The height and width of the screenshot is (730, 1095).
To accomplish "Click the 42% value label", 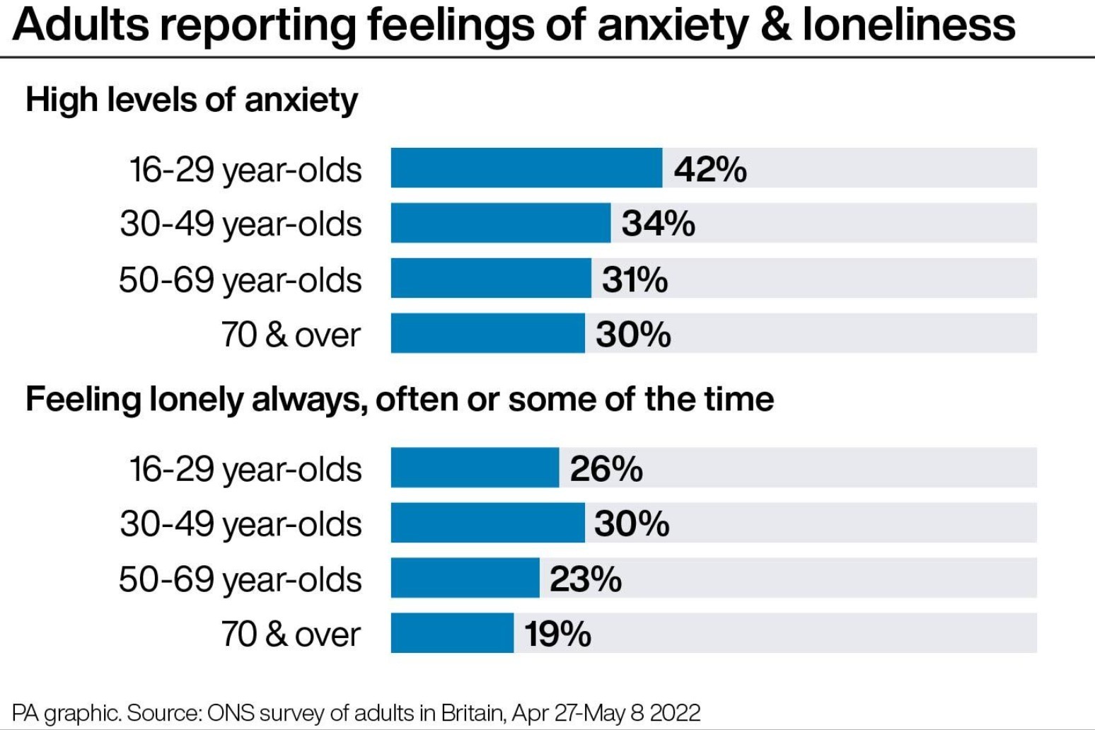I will click(x=709, y=170).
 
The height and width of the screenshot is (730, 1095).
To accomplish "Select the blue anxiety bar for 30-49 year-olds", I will click(x=500, y=224).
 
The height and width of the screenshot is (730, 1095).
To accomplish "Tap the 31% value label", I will click(x=635, y=279).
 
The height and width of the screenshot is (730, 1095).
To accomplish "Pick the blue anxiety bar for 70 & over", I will click(x=487, y=334).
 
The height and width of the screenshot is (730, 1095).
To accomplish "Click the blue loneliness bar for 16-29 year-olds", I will click(x=475, y=468).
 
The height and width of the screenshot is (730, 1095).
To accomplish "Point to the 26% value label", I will click(x=606, y=469).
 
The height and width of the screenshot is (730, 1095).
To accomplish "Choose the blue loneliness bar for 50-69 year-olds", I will click(x=465, y=579).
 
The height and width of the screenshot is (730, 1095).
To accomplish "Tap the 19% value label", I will click(x=557, y=634).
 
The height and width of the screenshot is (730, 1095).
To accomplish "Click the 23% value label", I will click(x=585, y=579).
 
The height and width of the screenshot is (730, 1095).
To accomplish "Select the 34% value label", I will click(x=658, y=224).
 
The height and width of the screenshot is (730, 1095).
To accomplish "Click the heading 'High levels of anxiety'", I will click(x=192, y=100).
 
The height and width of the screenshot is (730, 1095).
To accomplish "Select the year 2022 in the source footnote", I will click(x=674, y=712).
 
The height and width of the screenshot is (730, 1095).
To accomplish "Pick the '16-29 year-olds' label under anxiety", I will click(x=245, y=170).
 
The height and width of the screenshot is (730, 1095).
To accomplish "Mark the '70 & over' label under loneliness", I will click(x=291, y=634).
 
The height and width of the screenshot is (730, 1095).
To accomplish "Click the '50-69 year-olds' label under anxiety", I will click(x=240, y=280).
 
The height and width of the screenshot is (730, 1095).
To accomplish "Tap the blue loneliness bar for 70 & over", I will click(x=452, y=633).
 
